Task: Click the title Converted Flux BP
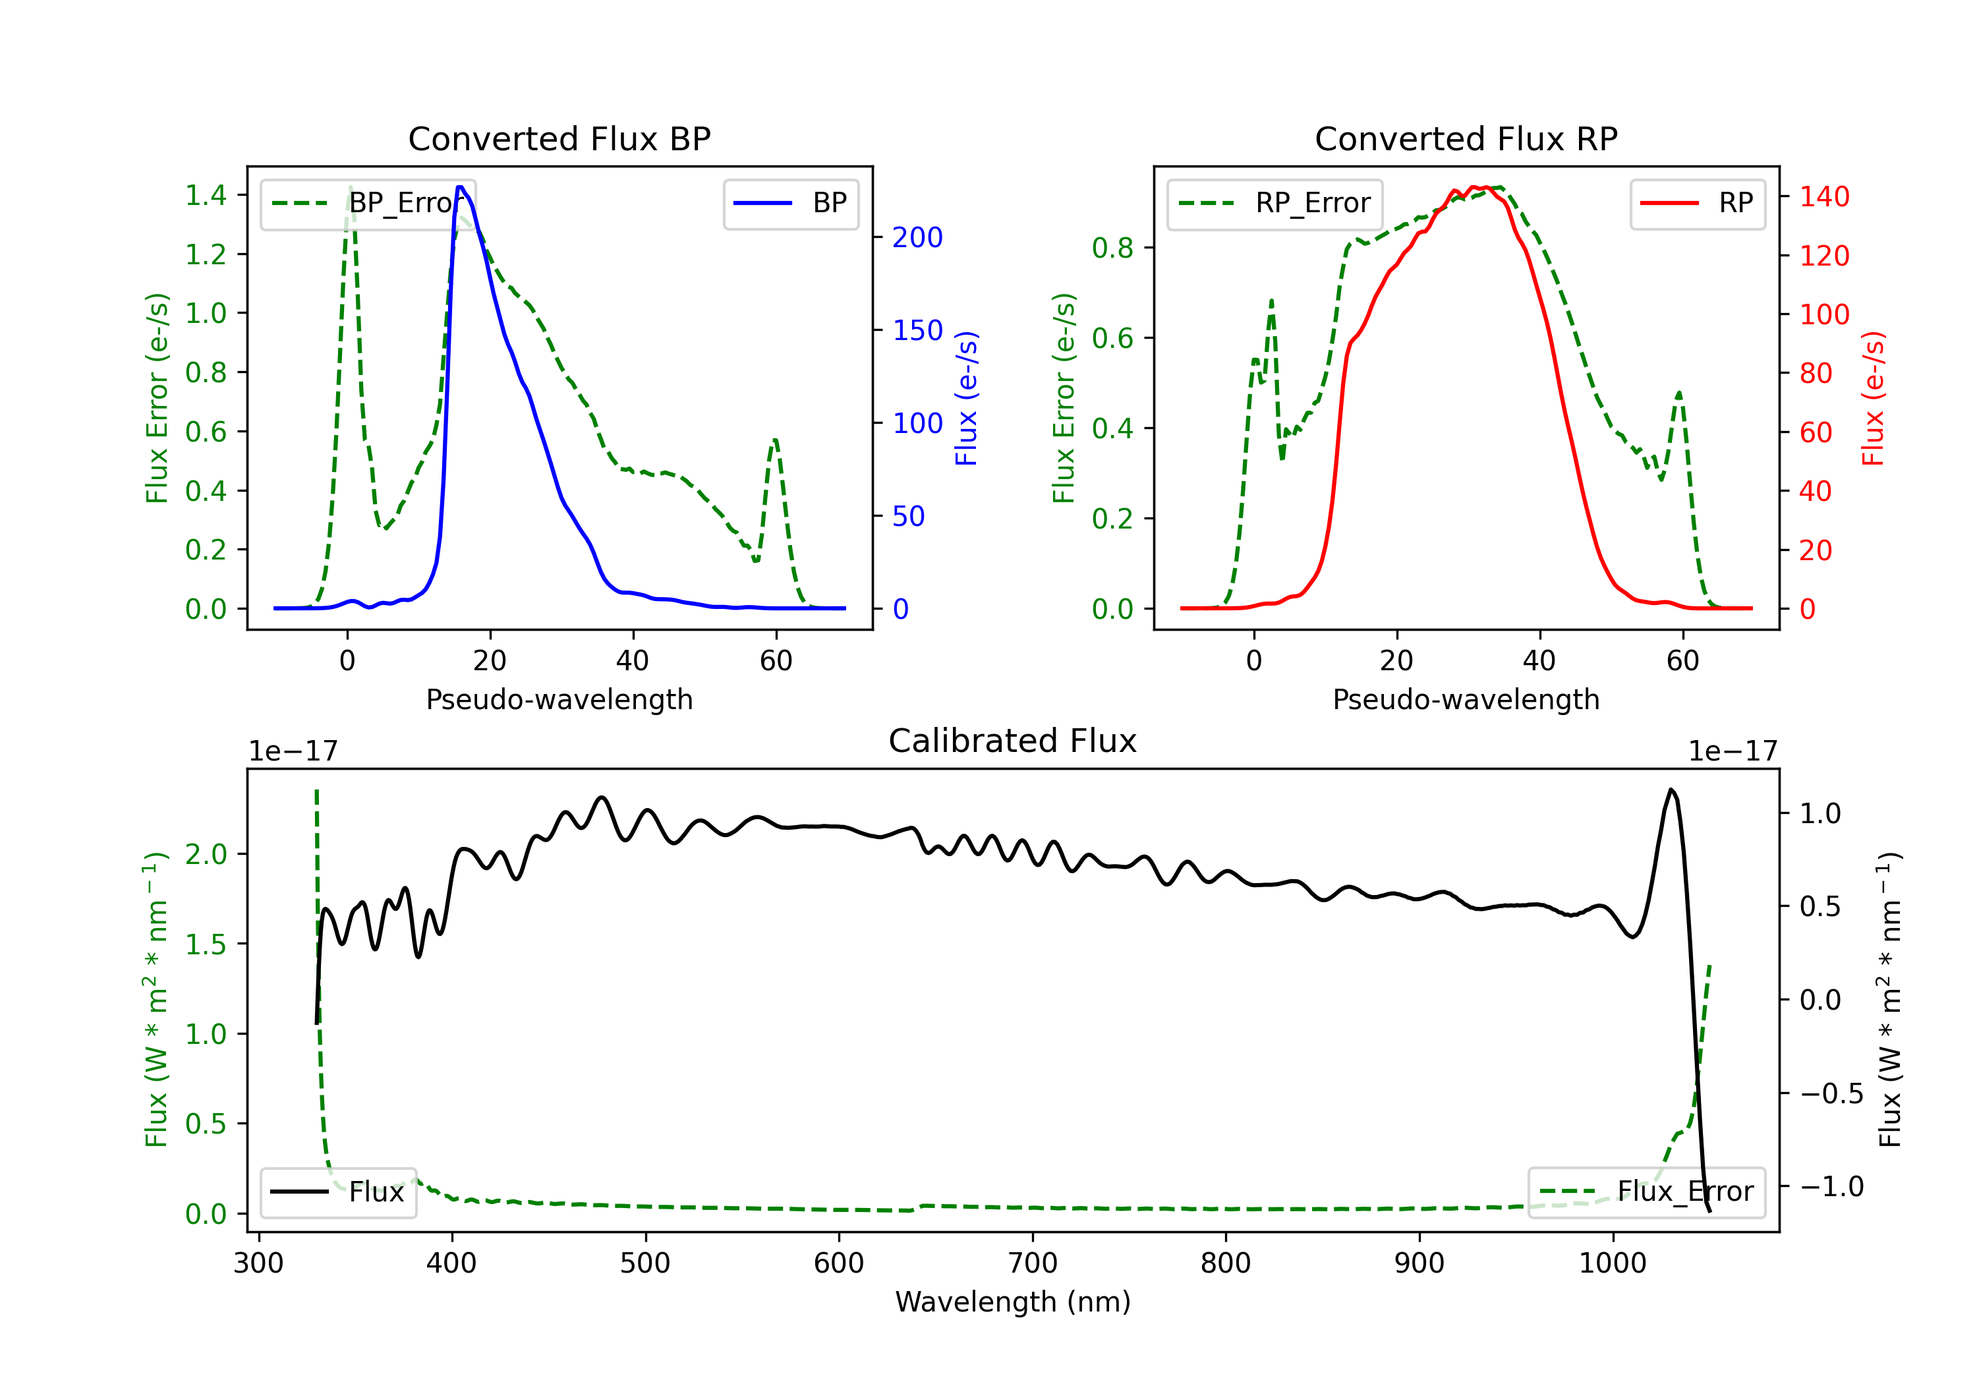click(559, 138)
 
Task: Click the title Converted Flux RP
click(1466, 138)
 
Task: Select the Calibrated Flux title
click(1013, 741)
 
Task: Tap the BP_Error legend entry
click(368, 203)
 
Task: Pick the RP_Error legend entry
click(1275, 203)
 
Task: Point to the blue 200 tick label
click(917, 238)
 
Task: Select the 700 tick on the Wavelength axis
click(1033, 1263)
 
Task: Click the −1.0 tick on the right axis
click(1831, 1187)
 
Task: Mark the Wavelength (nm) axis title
click(1013, 1302)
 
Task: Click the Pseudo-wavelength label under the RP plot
click(1466, 699)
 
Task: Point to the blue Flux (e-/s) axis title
click(966, 398)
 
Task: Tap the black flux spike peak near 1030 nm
click(1671, 790)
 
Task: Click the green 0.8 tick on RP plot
click(1112, 248)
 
